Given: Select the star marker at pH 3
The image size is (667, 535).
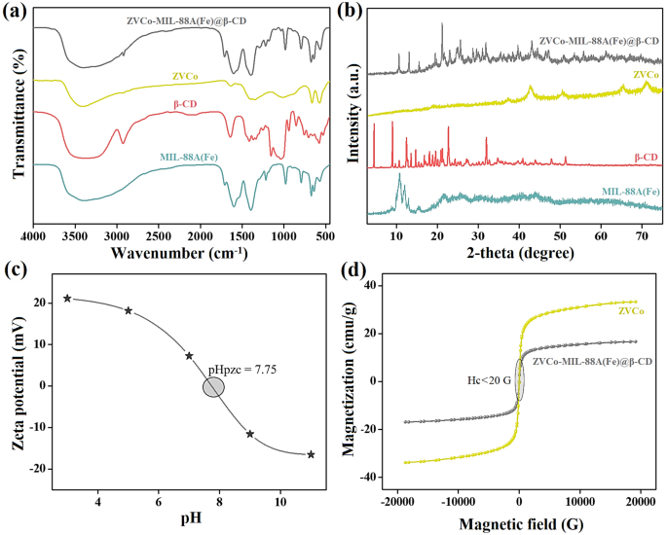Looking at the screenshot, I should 67,299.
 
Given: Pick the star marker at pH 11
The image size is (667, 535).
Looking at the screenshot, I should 311,454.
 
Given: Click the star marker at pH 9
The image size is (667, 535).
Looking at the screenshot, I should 250,434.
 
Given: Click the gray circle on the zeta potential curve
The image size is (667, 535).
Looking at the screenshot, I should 213,387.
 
